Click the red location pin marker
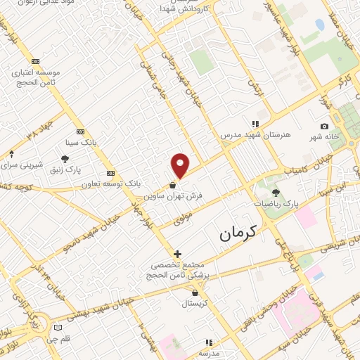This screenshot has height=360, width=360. click(181, 165)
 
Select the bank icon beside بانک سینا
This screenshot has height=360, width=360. click(79, 132)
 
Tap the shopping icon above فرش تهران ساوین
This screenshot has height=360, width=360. click(173, 185)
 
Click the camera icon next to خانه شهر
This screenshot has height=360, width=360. click(324, 126)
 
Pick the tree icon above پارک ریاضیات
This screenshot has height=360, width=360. click(276, 192)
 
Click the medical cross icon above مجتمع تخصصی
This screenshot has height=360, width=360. click(177, 253)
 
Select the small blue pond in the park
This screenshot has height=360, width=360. click(320, 25)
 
